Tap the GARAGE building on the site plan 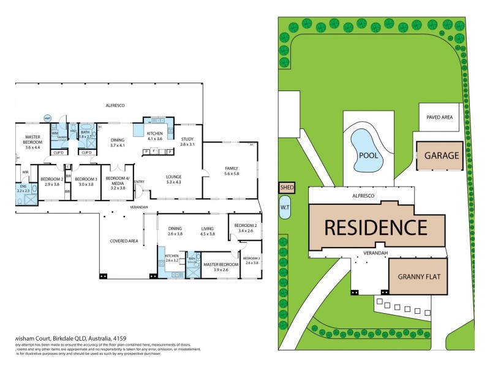click(x=438, y=155)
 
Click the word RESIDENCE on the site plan click(x=375, y=228)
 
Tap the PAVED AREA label click(x=439, y=117)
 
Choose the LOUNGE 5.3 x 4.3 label click(x=173, y=179)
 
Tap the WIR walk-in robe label click(x=26, y=172)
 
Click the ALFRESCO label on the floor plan click(x=115, y=106)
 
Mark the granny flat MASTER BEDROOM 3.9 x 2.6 click(x=220, y=267)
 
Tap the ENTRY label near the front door click(x=140, y=182)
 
